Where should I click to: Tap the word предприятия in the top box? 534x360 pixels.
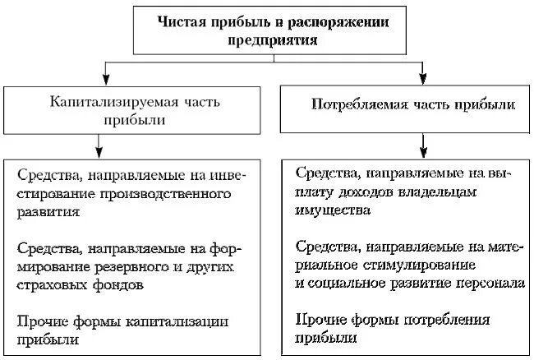pyautogui.click(x=265, y=39)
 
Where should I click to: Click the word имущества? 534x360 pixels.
pyautogui.click(x=331, y=210)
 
